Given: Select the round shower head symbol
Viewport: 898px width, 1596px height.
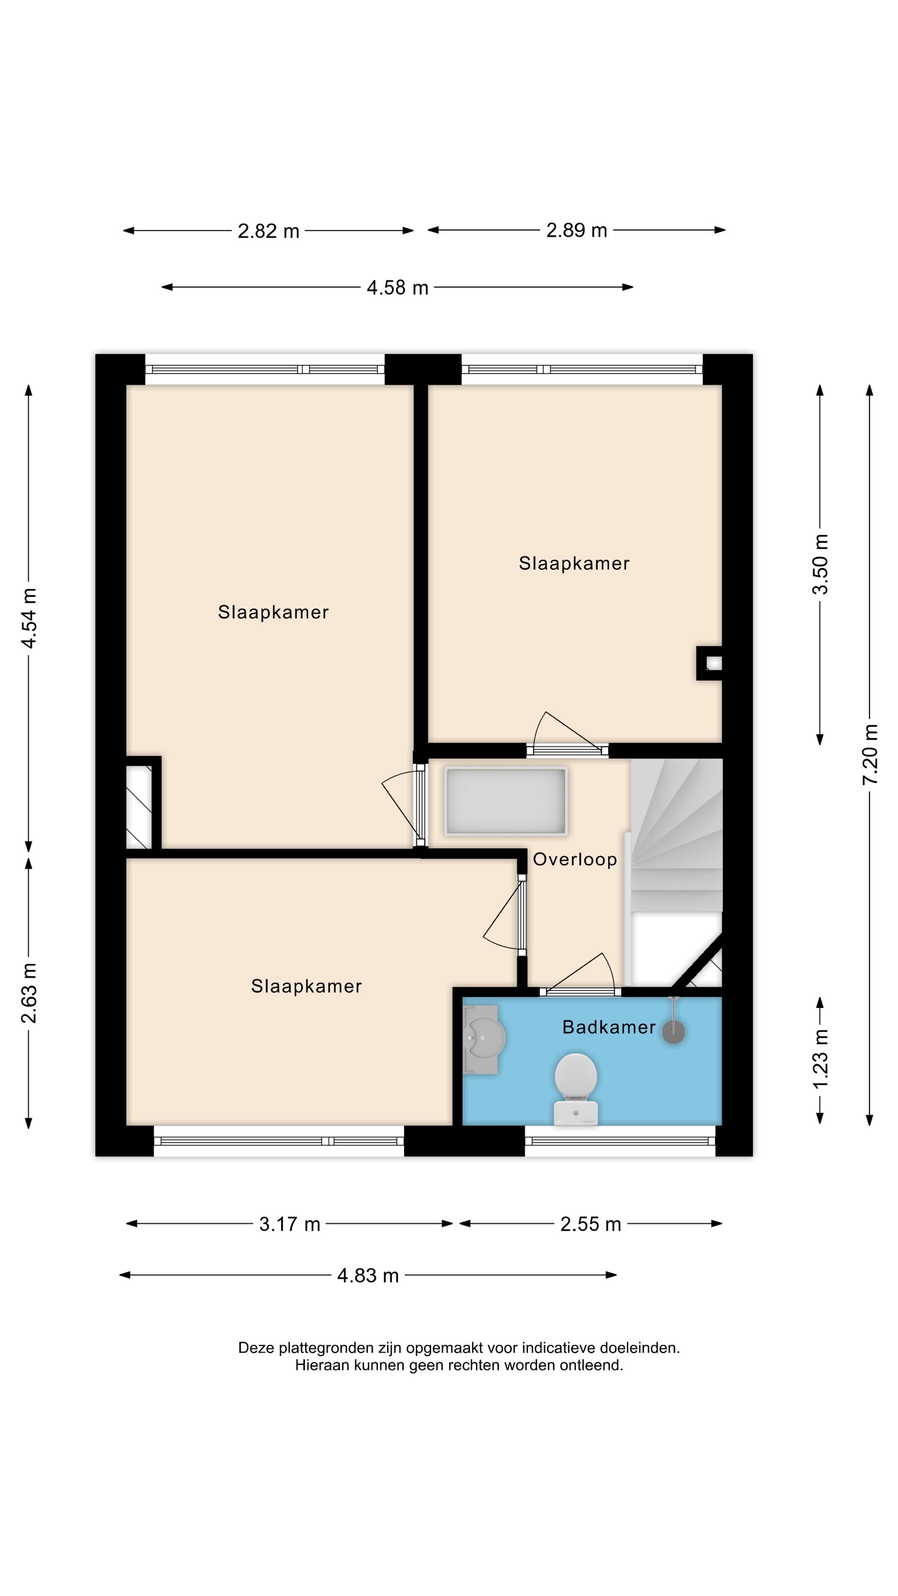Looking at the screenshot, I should click(x=673, y=1032).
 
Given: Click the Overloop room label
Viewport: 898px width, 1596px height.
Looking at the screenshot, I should click(x=575, y=860).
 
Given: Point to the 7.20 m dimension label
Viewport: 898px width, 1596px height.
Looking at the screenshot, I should click(x=870, y=754).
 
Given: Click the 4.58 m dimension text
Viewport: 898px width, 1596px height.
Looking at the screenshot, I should click(x=397, y=288).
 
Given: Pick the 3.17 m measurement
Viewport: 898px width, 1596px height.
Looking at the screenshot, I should click(x=289, y=1224).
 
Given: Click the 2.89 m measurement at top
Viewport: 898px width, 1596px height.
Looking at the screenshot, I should click(x=576, y=231).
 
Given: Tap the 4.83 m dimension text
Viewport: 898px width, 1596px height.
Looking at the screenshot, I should click(x=368, y=1276).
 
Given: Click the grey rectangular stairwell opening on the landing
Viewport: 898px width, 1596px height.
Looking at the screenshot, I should click(x=505, y=801).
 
